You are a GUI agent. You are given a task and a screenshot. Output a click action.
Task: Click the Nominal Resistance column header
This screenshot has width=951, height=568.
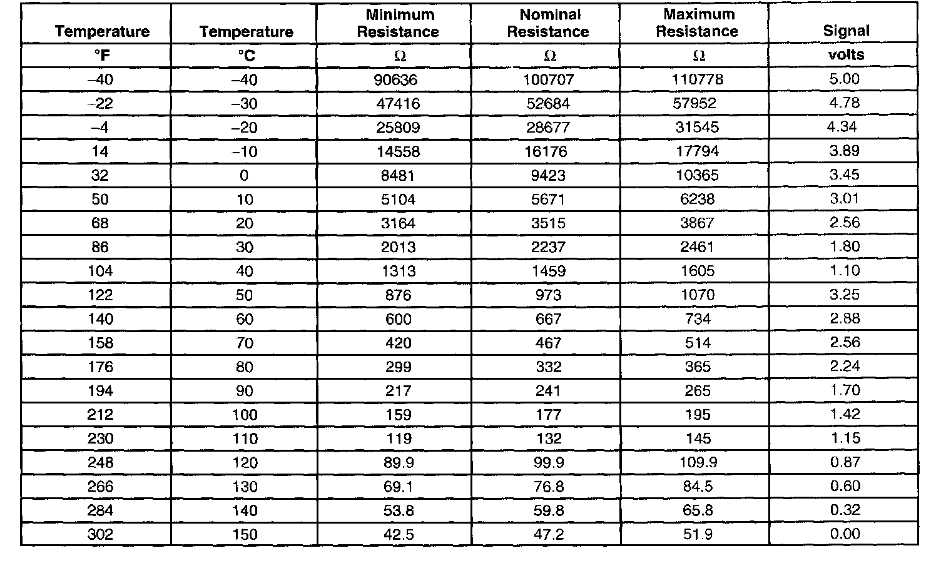pos(548,23)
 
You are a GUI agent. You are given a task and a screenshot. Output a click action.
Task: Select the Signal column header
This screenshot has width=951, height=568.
pos(846,31)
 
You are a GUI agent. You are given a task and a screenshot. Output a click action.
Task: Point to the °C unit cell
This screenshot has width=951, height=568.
pos(246,56)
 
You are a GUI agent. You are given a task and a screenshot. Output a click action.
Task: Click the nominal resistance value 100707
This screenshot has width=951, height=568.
pos(548,79)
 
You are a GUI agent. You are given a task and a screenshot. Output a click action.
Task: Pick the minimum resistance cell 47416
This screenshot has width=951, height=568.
pos(398,103)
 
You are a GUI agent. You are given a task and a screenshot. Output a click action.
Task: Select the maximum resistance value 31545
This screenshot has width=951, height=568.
pos(697,127)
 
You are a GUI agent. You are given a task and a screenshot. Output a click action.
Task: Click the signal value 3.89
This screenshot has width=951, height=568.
pos(844,151)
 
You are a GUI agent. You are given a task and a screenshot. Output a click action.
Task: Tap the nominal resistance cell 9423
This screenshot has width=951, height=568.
pos(548,175)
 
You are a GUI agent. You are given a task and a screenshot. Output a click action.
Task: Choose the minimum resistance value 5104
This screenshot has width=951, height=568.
pos(398,199)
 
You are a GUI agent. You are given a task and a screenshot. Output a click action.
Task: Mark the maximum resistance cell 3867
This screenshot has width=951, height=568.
pos(697,223)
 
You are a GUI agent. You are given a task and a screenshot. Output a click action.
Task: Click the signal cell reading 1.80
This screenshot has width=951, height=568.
pos(844,246)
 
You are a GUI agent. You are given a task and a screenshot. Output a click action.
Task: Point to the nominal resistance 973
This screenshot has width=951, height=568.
pos(548,295)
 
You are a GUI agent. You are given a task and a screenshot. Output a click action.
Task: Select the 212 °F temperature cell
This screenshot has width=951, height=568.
pos(100,415)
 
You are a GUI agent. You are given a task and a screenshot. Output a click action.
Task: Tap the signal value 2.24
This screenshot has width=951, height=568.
pos(844,366)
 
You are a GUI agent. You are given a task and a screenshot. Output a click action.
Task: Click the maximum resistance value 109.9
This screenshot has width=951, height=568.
pos(697,462)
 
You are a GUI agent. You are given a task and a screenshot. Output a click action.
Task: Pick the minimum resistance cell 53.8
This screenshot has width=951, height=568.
pos(398,510)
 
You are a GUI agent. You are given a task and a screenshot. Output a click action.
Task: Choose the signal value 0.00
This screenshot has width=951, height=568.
pos(844,534)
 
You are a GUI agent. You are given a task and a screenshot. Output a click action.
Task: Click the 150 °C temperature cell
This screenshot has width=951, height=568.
pos(245,534)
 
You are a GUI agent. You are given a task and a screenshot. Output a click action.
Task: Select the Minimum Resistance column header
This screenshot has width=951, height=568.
pos(398,23)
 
